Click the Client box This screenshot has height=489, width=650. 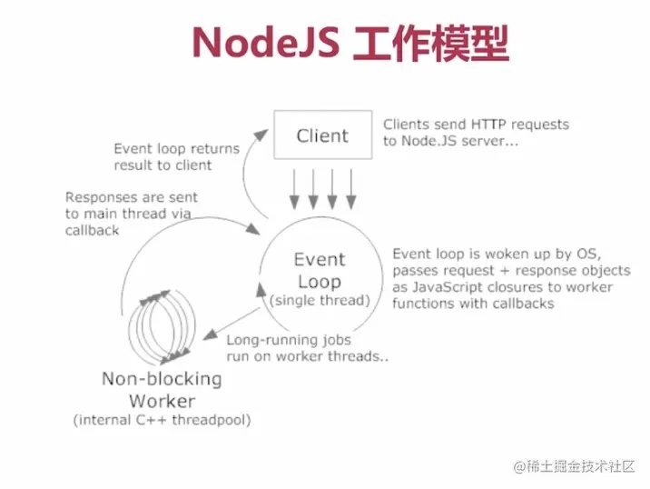pyautogui.click(x=322, y=136)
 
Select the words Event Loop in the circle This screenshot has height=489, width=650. pyautogui.click(x=320, y=270)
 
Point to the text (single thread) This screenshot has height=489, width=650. pyautogui.click(x=320, y=300)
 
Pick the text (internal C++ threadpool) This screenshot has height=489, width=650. pyautogui.click(x=162, y=420)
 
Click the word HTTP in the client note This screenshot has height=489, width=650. pyautogui.click(x=490, y=124)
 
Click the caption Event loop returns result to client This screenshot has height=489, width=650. pyautogui.click(x=176, y=157)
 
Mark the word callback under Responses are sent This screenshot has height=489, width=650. pyautogui.click(x=92, y=231)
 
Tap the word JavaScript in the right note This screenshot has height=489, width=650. pyautogui.click(x=444, y=287)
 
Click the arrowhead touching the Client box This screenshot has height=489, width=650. pyautogui.click(x=262, y=134)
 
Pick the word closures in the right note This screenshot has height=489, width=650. pyautogui.click(x=517, y=287)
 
